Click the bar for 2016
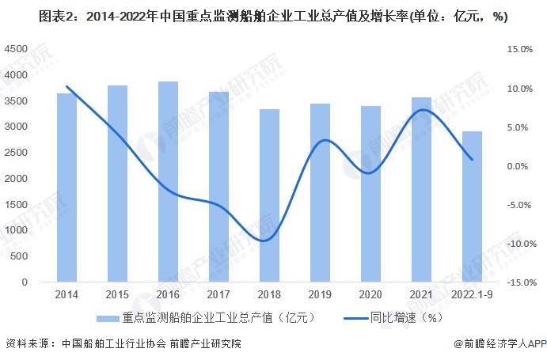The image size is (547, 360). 167,182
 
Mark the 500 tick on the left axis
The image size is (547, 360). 21,256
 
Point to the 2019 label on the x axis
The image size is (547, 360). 319,294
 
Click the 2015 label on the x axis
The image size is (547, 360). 117,294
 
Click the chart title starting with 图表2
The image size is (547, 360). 273,17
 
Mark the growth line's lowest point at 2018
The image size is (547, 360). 267,240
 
